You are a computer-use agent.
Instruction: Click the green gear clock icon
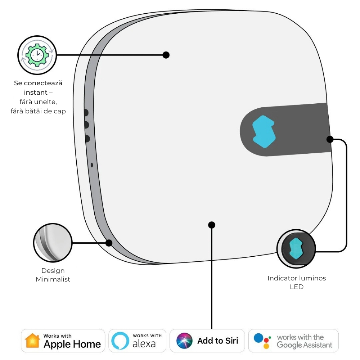[x=37, y=55]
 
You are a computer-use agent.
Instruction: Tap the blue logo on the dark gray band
[x=264, y=131]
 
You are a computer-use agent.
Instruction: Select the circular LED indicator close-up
[x=296, y=249]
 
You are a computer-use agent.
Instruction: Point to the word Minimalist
[x=53, y=279]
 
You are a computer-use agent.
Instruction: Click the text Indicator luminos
[x=297, y=278]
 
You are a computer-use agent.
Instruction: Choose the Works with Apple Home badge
[x=63, y=341]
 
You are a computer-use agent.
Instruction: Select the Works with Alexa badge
[x=137, y=341]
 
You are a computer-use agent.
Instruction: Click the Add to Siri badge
[x=207, y=341]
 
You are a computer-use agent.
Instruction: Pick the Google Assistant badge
[x=293, y=341]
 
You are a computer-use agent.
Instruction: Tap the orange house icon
[x=32, y=341]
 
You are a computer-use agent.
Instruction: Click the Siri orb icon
[x=185, y=341]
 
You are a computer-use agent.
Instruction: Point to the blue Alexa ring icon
[x=120, y=341]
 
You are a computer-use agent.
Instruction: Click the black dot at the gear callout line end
[x=166, y=55]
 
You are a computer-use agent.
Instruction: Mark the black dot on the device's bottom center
[x=212, y=225]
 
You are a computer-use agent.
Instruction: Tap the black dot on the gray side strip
[x=109, y=243]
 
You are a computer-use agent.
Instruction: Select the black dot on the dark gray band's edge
[x=329, y=139]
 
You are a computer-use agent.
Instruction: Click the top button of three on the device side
[x=86, y=113]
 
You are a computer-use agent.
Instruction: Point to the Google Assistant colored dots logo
[x=262, y=341]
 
